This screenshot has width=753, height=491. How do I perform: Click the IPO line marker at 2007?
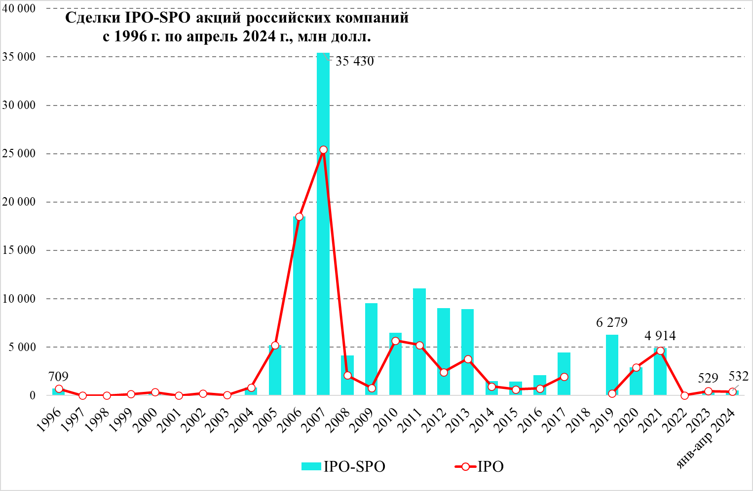tap(323, 149)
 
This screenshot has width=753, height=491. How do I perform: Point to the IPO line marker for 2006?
tap(299, 217)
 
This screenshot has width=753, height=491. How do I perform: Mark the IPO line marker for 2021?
tap(660, 351)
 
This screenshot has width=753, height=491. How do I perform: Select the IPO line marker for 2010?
tap(395, 341)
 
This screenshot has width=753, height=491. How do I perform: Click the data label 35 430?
tap(354, 62)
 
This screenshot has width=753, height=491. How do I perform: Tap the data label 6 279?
tap(611, 323)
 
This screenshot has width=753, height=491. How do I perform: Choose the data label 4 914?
tap(660, 336)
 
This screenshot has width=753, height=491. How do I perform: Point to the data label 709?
tap(58, 377)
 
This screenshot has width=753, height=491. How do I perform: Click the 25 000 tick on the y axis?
tap(19, 154)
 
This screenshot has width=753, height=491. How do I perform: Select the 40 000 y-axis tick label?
tap(19, 9)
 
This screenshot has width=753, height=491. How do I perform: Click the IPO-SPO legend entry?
tap(343, 466)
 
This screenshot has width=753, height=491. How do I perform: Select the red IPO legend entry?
tap(479, 466)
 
